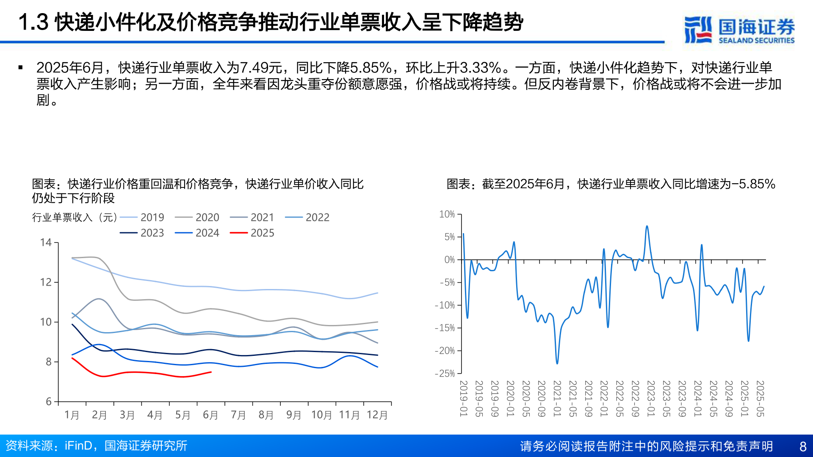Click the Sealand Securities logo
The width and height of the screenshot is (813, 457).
point(739,30)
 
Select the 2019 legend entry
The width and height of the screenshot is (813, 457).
point(142,217)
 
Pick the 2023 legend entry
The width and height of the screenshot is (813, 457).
point(142,233)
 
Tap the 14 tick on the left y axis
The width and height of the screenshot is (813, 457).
point(46,242)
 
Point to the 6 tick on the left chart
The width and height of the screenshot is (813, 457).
point(49,402)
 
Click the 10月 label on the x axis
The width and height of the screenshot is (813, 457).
point(321,415)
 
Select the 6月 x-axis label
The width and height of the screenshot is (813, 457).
point(210,415)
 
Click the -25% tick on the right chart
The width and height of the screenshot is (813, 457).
point(445,373)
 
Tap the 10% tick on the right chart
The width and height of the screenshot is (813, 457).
point(447,214)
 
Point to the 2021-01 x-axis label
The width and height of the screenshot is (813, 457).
point(557,398)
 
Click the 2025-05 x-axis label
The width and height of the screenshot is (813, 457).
point(760,398)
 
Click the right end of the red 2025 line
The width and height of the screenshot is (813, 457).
point(211,372)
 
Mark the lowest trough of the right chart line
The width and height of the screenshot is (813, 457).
point(557,363)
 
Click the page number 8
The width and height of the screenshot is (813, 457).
point(803,446)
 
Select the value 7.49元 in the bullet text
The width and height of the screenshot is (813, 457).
point(260,67)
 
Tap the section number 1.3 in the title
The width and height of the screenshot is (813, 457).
point(33,22)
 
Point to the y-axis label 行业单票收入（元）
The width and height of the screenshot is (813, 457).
point(75,217)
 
